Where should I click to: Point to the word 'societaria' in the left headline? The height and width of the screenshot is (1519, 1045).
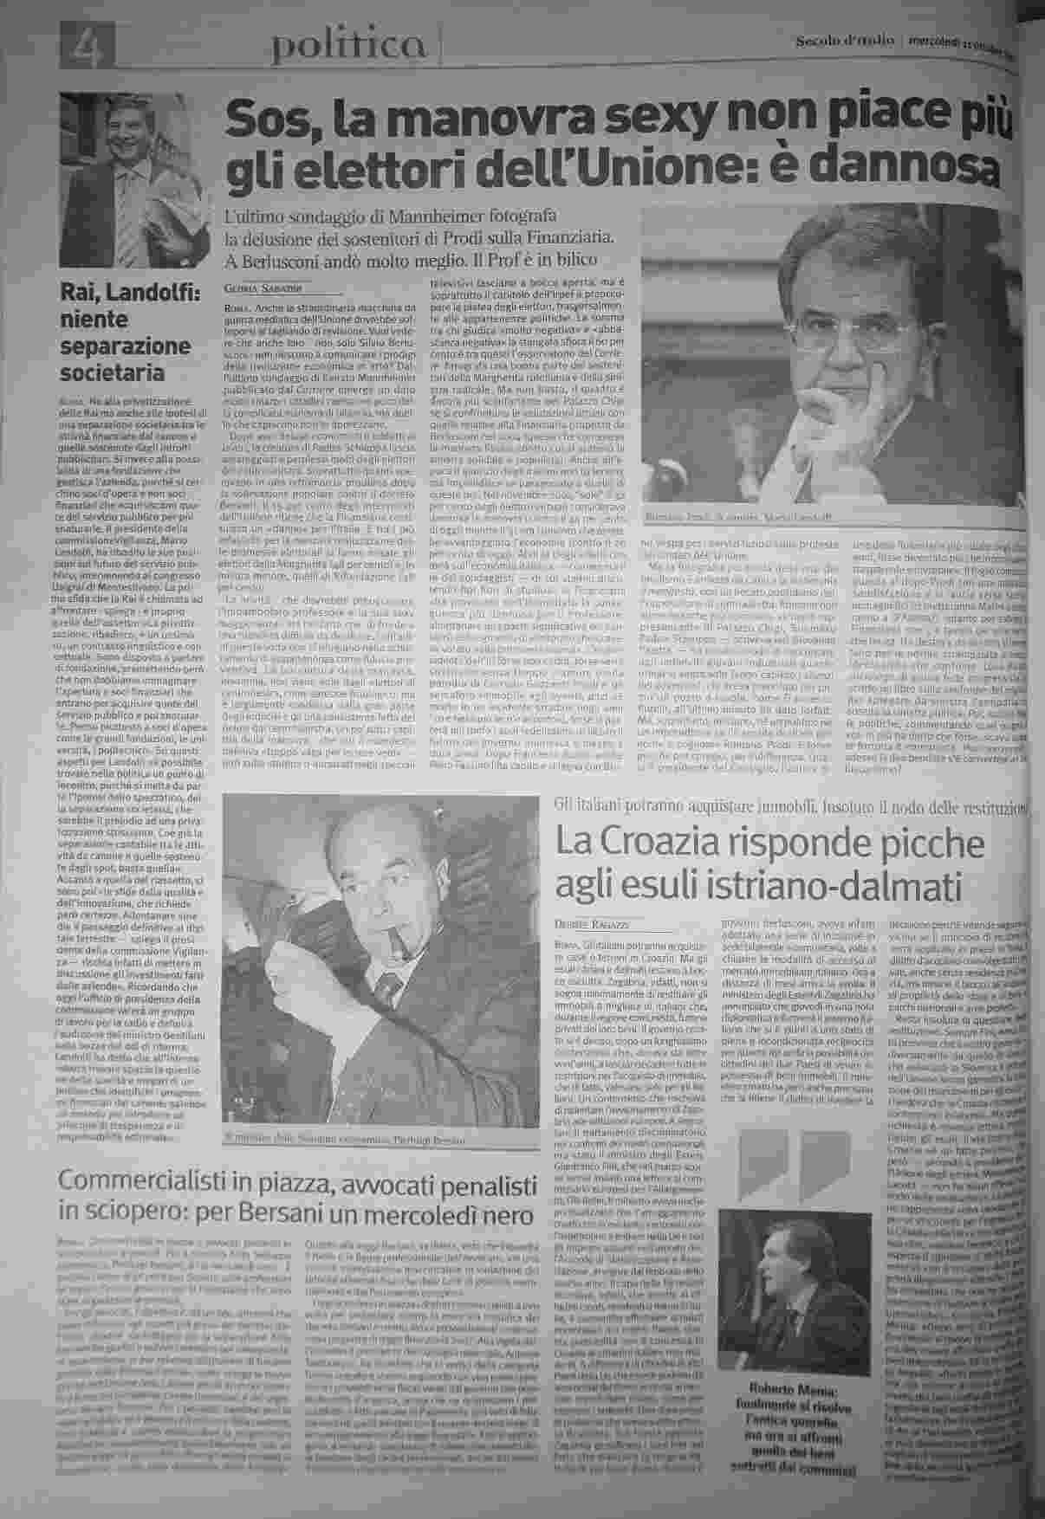(112, 373)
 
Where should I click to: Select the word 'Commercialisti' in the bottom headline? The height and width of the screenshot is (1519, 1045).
(174, 1180)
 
